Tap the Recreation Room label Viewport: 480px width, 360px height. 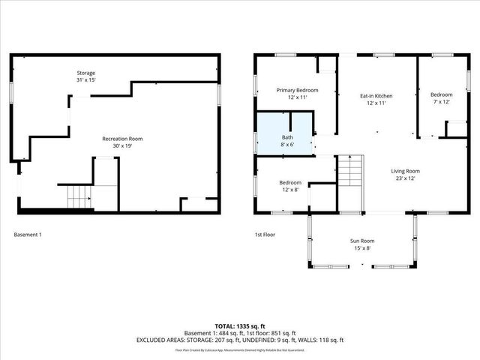tap(122, 139)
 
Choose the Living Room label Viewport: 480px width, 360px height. tap(405, 171)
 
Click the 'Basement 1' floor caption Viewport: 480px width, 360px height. tap(28, 235)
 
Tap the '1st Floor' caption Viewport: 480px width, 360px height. tap(265, 235)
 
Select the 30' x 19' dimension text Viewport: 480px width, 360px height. tap(122, 146)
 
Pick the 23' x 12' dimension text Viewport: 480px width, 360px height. tap(405, 178)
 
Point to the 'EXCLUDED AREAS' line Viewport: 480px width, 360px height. tap(239, 340)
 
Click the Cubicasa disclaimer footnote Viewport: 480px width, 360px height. tap(239, 349)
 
